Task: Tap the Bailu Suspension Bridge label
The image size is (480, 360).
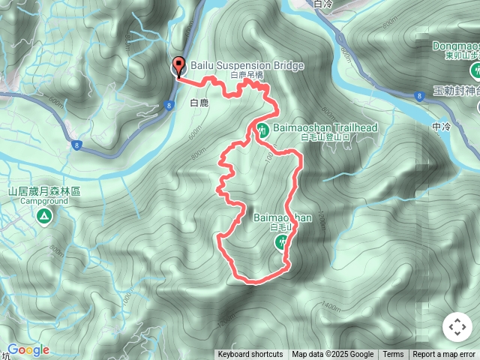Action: [x=247, y=65]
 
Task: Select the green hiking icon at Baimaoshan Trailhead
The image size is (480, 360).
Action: [x=262, y=128]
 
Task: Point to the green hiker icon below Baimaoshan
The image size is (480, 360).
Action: [x=282, y=241]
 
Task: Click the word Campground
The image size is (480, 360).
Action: [x=43, y=201]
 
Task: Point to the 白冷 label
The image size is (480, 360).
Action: [x=323, y=4]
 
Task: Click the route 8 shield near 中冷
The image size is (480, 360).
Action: [x=418, y=95]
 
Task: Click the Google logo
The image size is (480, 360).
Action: [x=28, y=350]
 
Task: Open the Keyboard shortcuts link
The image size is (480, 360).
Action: [x=250, y=355]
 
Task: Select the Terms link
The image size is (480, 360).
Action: [x=393, y=355]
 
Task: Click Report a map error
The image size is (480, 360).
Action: [x=445, y=355]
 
